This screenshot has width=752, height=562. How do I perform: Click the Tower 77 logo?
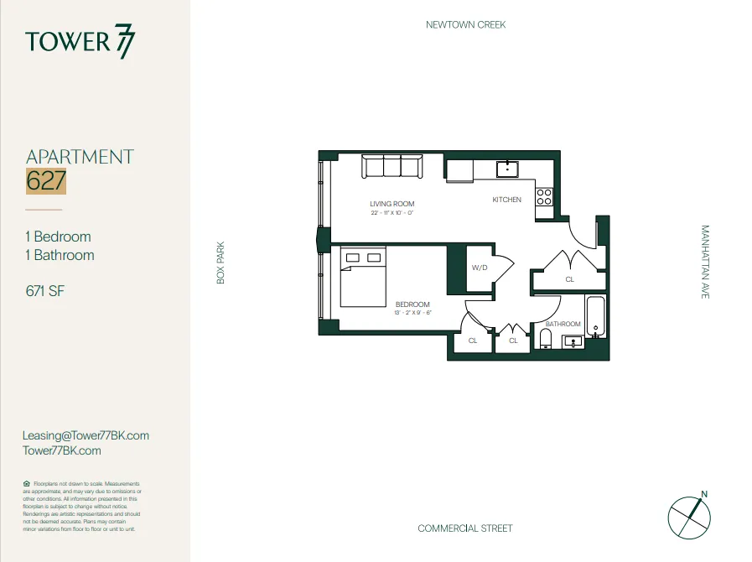point(80,42)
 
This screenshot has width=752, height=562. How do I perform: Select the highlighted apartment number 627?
point(46,181)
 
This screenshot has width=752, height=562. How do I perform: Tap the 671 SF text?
point(45,291)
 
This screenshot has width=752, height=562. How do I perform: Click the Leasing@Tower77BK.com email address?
point(86,435)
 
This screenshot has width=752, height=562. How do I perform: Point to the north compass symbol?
point(688,514)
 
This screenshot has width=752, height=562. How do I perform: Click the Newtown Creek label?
point(465,24)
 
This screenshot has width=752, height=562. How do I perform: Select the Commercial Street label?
point(465,528)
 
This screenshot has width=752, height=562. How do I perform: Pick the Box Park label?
point(221,263)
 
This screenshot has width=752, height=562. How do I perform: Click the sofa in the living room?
point(391,167)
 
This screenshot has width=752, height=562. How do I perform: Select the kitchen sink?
point(507,169)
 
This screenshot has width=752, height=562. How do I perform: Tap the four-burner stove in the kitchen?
point(544,197)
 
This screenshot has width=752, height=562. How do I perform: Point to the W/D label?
point(480,268)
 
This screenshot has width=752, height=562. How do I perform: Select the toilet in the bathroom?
point(546,338)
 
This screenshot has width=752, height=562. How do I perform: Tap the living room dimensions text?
point(392,213)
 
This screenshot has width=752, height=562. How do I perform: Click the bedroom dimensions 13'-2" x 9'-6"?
point(412,313)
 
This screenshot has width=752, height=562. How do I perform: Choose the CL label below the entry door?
point(570,279)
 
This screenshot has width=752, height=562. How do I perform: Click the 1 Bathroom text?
point(60,255)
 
